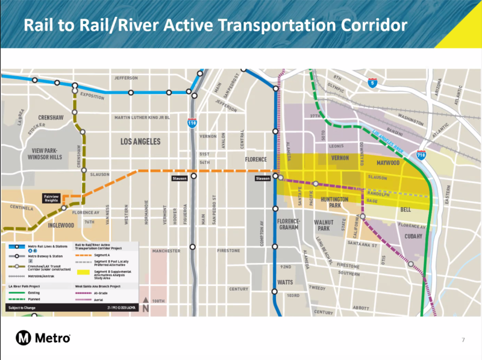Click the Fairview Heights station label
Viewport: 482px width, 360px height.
click(x=51, y=198)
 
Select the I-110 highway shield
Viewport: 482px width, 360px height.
click(x=191, y=123)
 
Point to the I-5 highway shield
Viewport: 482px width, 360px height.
click(x=374, y=84)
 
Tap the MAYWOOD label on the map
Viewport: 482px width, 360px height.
click(x=388, y=163)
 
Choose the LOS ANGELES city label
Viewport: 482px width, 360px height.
click(x=140, y=141)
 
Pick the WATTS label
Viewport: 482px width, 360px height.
click(x=285, y=282)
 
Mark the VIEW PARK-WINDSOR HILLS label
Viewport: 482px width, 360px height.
click(x=45, y=154)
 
